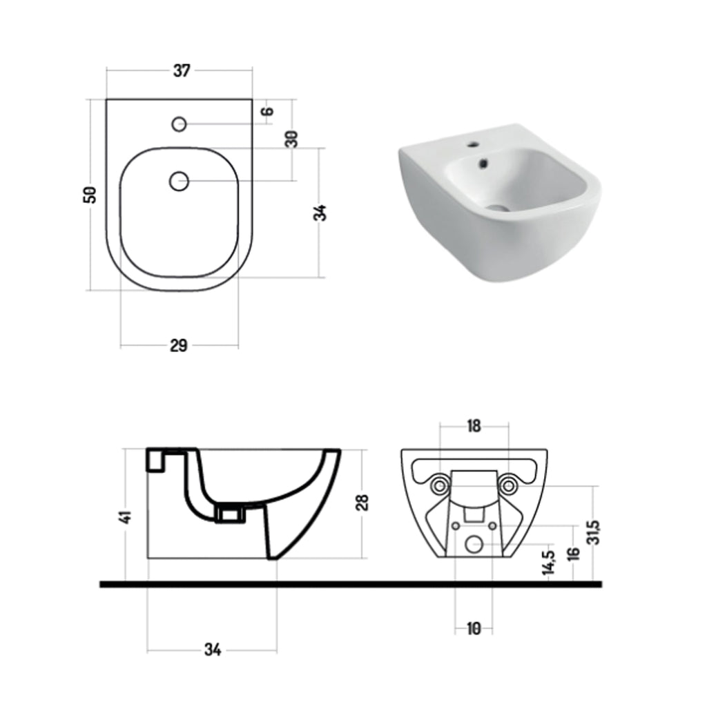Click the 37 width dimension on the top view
tap(181, 70)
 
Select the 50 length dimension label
tap(90, 194)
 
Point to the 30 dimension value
tap(291, 138)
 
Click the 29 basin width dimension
tap(179, 346)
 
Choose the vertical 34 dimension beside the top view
tap(320, 212)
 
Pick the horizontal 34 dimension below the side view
tap(213, 650)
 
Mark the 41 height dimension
tap(125, 516)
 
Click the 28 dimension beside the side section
tap(364, 502)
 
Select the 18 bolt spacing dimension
tap(474, 426)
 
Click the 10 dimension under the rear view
tap(474, 628)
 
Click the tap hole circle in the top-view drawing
tap(179, 124)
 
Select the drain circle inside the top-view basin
tap(179, 181)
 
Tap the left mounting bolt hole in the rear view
tap(439, 486)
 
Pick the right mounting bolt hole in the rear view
tap(509, 486)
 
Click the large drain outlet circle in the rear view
tap(474, 544)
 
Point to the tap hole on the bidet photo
tap(474, 146)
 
